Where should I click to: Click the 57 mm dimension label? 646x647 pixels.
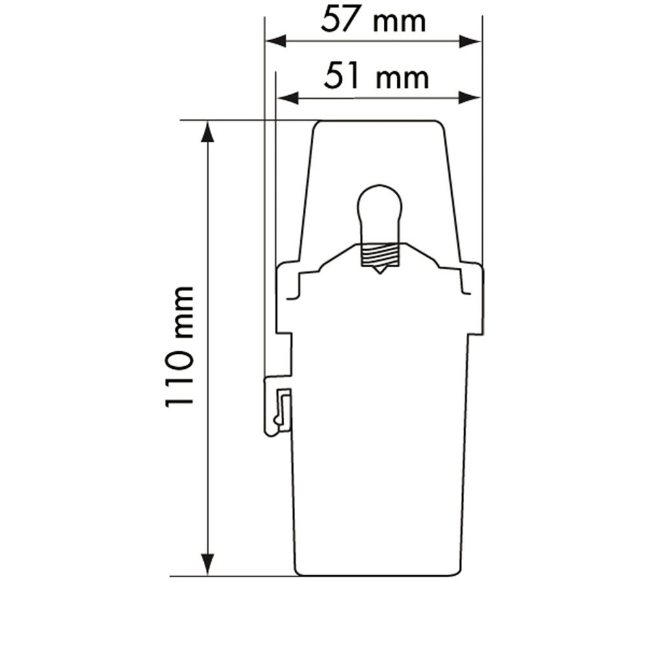[373, 20]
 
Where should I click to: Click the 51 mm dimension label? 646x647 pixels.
[376, 76]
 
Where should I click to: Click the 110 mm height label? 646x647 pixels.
[179, 346]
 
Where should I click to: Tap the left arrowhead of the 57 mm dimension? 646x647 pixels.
[276, 41]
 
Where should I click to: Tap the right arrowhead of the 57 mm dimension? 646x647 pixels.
[471, 41]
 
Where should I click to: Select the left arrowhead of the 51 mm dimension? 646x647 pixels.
[287, 98]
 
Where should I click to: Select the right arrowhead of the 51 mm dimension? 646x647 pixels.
[471, 98]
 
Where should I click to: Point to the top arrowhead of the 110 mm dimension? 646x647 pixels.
[208, 132]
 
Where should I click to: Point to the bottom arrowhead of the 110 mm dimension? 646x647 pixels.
[208, 564]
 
